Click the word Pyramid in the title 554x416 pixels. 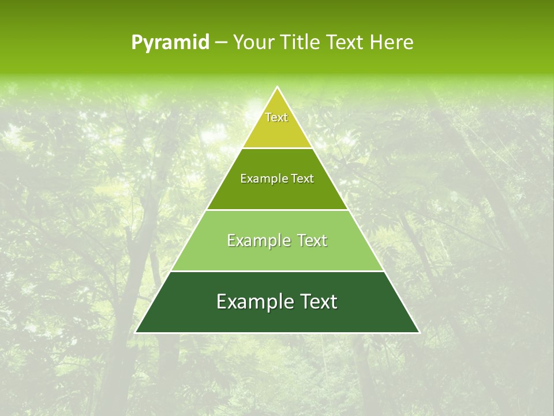[x=170, y=43]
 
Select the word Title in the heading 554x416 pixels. [x=302, y=42]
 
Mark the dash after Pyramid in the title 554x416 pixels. [x=220, y=43]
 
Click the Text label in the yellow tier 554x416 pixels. [x=276, y=117]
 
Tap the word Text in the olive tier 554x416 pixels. [x=302, y=179]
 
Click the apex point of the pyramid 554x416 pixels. [x=277, y=87]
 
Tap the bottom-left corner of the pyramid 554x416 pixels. [x=136, y=332]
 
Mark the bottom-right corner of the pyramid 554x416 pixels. [x=419, y=332]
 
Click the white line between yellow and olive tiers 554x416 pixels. [x=277, y=148]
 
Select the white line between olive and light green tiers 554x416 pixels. [x=277, y=210]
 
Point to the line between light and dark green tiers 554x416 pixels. [x=277, y=271]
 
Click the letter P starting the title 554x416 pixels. [x=136, y=43]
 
